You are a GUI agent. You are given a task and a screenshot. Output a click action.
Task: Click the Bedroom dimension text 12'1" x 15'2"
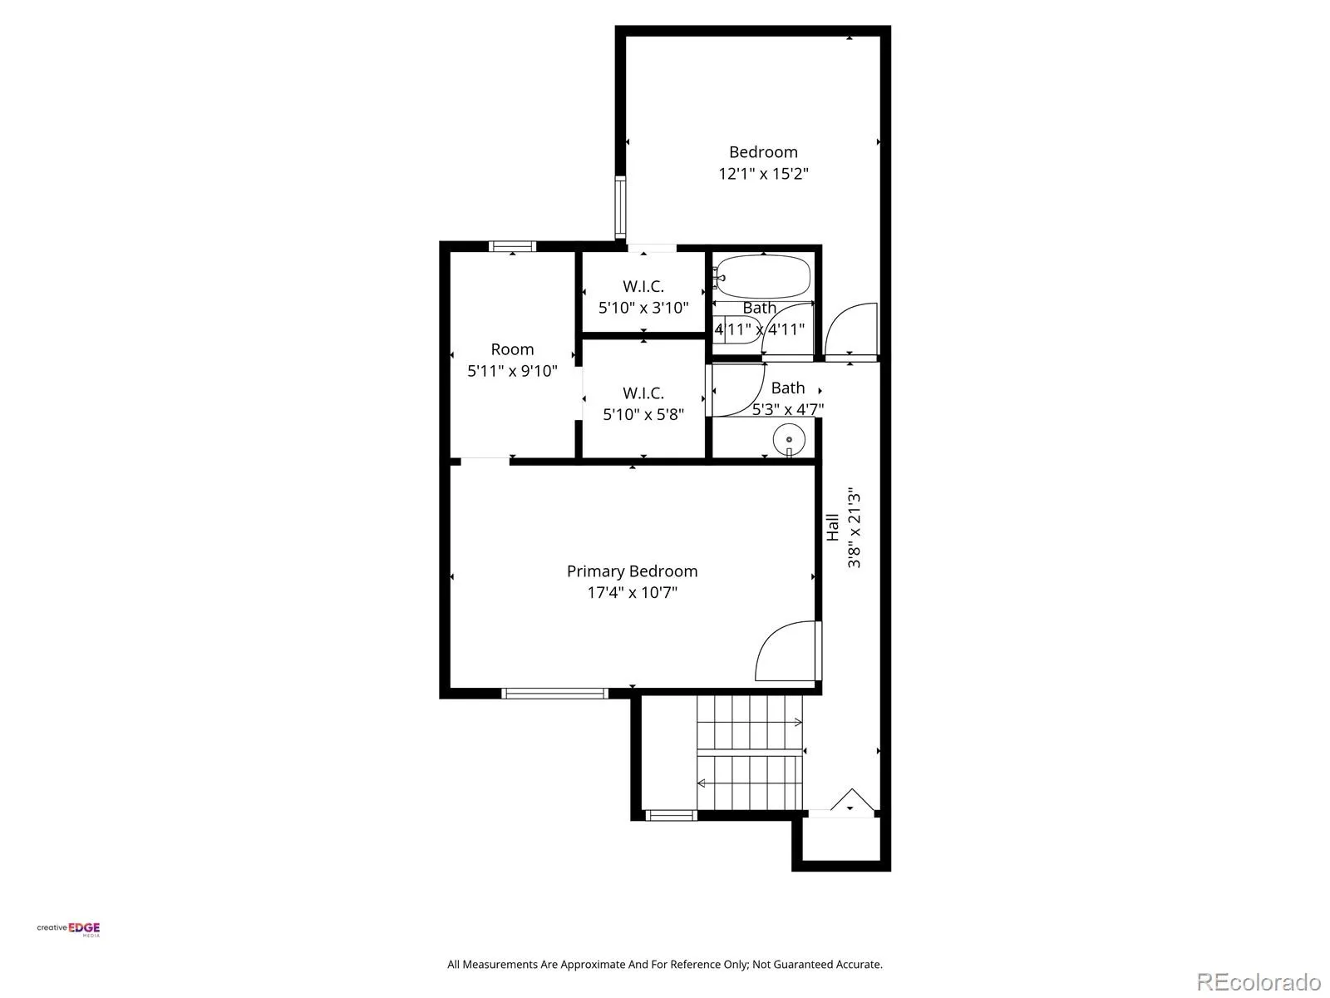point(763,174)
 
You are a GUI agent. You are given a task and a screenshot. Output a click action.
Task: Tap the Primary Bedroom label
point(632,571)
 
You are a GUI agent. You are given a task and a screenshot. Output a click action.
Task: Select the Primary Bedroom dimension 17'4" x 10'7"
point(632,593)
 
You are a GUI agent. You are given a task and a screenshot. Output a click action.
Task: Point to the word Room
point(512,349)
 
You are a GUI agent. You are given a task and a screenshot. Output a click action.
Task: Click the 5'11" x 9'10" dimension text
point(512,371)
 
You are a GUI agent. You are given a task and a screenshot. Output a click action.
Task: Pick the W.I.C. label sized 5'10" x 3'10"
point(643,286)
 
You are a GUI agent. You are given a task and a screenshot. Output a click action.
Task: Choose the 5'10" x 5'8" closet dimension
point(643,414)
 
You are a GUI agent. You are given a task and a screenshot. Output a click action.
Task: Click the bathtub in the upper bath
point(761,278)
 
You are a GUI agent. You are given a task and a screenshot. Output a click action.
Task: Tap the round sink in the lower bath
point(788,439)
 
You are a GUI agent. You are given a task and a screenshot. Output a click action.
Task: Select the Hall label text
point(833,527)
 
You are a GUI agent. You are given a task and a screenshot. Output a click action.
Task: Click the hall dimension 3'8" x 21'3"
point(854,527)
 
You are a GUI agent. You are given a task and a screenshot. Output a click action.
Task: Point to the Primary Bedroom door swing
point(786,650)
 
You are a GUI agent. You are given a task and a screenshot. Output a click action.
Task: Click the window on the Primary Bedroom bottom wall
point(554,694)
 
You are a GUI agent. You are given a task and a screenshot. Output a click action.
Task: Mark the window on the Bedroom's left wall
point(620,207)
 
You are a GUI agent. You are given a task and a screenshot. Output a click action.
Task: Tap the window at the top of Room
point(513,246)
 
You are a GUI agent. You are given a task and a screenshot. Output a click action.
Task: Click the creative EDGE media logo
point(68,929)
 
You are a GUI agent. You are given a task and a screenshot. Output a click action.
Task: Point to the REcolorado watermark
point(1259,981)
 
